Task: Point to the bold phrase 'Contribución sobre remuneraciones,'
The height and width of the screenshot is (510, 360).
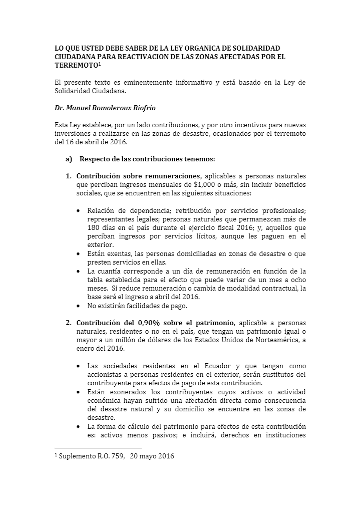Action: tap(139, 176)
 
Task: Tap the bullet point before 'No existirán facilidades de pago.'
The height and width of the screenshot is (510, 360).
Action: tap(79, 305)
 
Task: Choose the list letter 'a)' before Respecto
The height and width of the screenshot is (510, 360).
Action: tap(69, 159)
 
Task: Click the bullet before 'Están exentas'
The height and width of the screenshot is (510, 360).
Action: tap(79, 253)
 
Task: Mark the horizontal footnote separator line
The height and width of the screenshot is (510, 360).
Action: tap(98, 448)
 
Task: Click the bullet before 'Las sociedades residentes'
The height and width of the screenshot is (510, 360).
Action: tap(79, 366)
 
